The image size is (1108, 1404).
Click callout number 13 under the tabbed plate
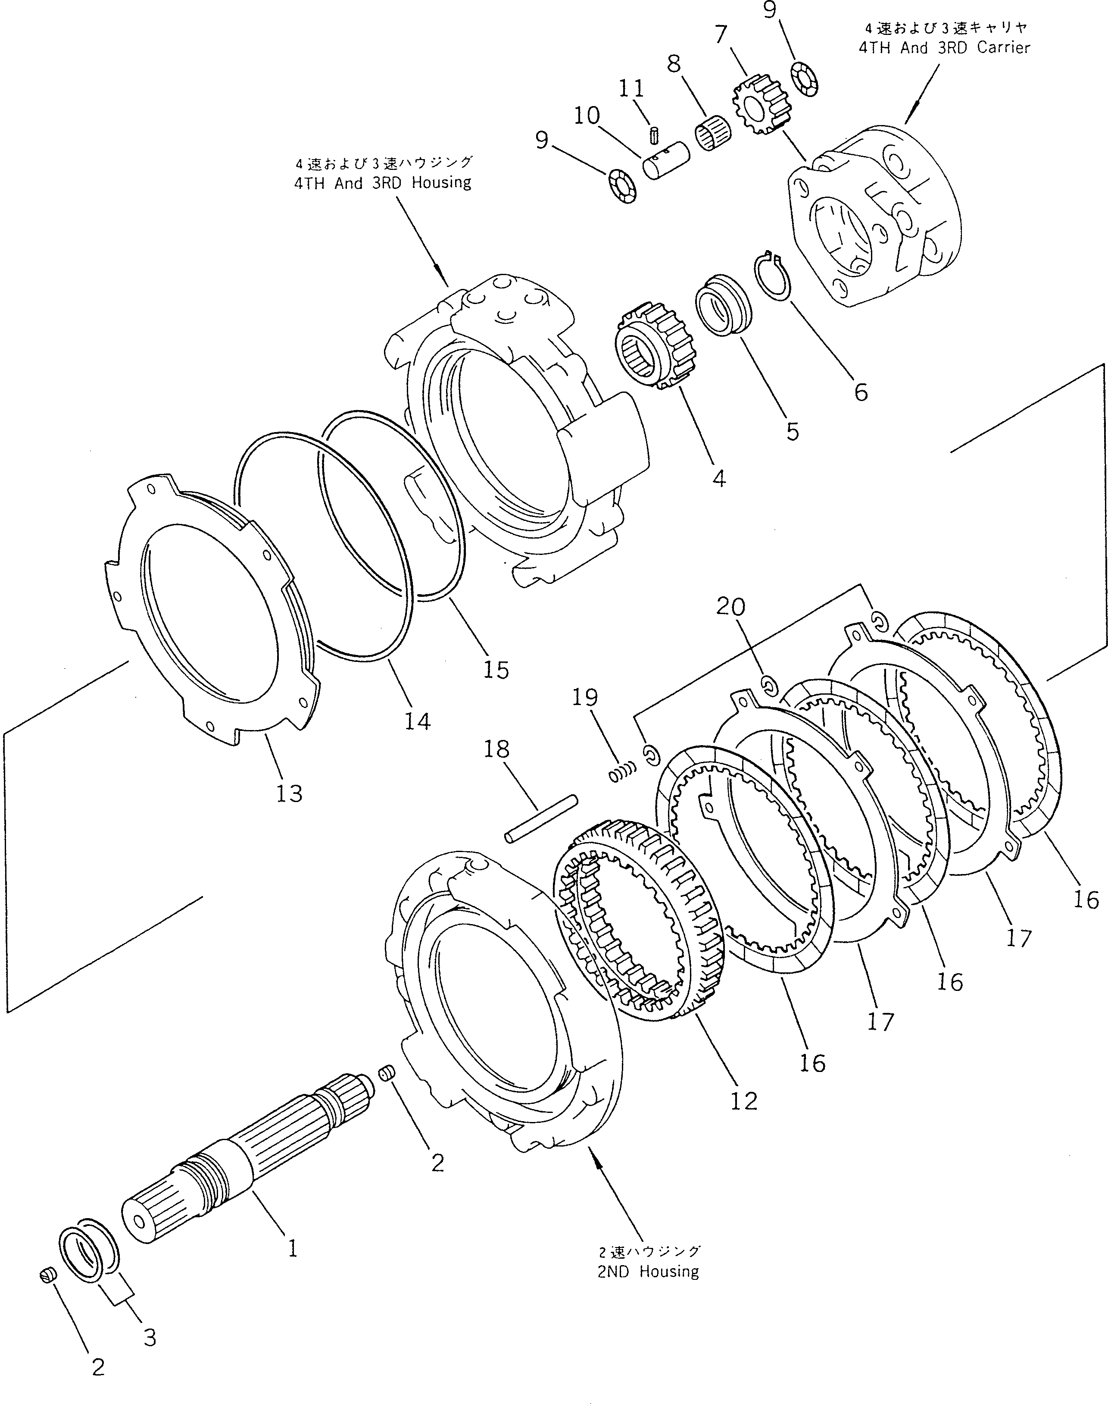pos(289,793)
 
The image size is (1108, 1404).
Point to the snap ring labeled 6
pos(772,276)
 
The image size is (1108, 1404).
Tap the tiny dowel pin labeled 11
pos(655,135)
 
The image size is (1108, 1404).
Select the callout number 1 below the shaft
pos(293,1247)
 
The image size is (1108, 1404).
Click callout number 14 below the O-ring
pos(417,721)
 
